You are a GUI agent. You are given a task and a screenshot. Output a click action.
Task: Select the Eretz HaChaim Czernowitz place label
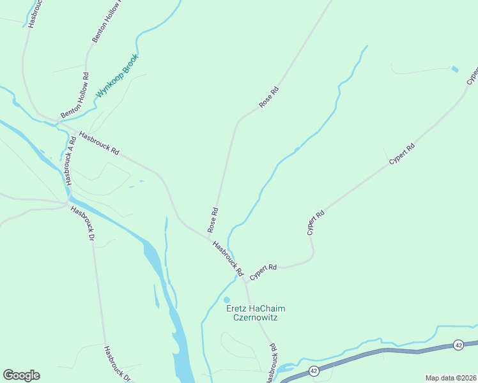point(256,313)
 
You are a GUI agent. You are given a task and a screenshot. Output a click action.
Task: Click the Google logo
point(21,375)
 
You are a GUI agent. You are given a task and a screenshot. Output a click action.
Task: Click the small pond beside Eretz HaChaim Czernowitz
point(226,299)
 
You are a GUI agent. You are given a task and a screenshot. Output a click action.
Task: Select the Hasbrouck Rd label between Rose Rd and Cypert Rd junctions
point(228,258)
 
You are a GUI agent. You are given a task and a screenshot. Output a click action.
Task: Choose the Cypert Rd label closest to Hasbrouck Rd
point(263,271)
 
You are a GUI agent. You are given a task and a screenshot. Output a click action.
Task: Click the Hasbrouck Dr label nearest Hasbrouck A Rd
point(82,223)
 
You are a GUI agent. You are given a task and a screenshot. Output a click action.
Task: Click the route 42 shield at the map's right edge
point(458,345)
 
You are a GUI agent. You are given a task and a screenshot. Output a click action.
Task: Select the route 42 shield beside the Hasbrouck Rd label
point(313,370)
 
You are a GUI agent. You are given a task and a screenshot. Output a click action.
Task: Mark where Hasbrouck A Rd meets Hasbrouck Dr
point(68,203)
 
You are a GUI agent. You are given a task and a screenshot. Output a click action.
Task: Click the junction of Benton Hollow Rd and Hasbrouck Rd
point(57,121)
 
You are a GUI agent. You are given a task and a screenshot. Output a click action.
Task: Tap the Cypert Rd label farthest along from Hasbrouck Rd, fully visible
point(403,155)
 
